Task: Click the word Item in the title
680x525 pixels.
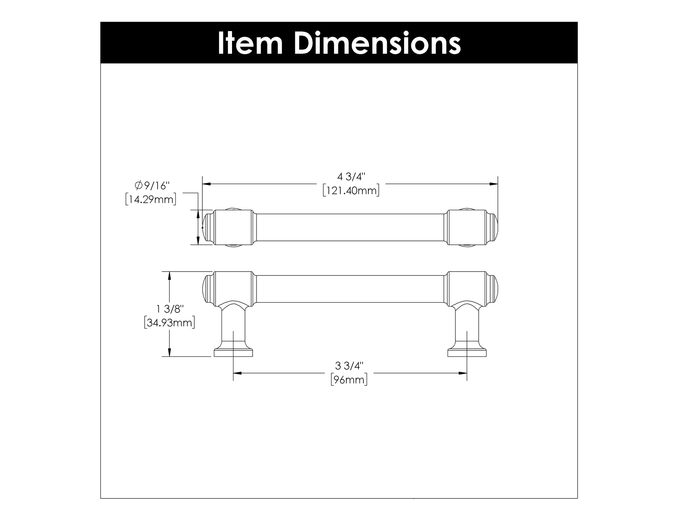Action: tap(250, 43)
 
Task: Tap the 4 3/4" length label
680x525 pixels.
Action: tap(351, 177)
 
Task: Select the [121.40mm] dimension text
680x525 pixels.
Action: tap(351, 191)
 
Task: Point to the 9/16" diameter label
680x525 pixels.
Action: tap(156, 185)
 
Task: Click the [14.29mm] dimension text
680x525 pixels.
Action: tap(151, 199)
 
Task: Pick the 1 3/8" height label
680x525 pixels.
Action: tap(170, 309)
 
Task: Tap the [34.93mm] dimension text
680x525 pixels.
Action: tap(169, 323)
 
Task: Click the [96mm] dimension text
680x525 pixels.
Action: tap(349, 380)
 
